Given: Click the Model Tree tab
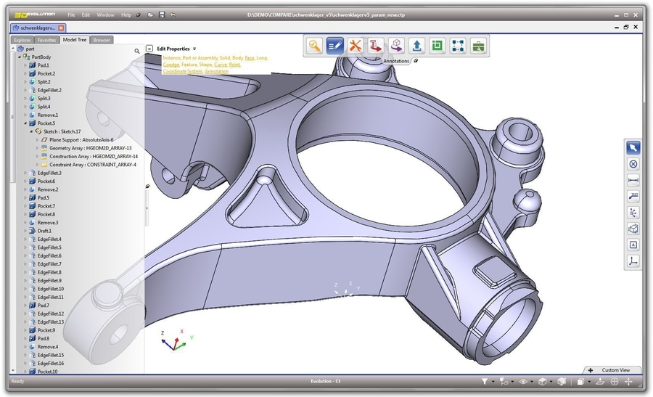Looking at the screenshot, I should coord(75,40).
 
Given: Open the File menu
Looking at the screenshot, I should coord(71,15).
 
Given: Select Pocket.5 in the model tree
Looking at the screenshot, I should coord(46,123).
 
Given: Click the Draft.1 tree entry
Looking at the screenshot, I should coord(45,231).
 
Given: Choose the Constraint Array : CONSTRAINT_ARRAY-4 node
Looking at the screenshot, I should coord(92,165).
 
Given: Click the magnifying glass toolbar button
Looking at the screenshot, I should coord(314,46).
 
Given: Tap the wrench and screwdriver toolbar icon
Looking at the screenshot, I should coord(355,46).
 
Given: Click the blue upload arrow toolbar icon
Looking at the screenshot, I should coord(416,46).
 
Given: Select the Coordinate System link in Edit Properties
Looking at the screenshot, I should coord(182,72).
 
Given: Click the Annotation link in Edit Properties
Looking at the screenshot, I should coord(216,72).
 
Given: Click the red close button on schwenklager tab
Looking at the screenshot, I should coord(62,28).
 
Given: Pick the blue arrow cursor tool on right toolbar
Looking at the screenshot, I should coord(633,147).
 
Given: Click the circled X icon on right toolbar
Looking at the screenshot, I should coord(633,164).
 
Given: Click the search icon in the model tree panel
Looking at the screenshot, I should coord(136,52).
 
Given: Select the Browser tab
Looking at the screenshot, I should coord(102,40).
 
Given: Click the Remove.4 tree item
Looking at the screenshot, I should coord(47,347).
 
